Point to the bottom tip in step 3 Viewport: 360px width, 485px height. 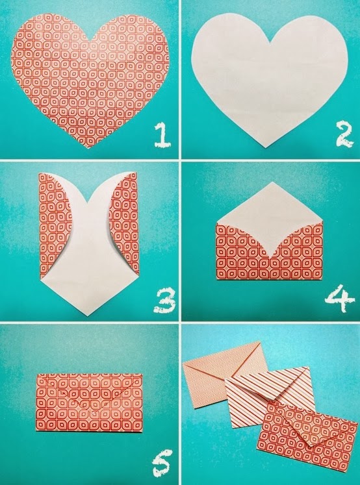[x=89, y=315]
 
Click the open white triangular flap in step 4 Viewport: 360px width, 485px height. [x=269, y=208]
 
